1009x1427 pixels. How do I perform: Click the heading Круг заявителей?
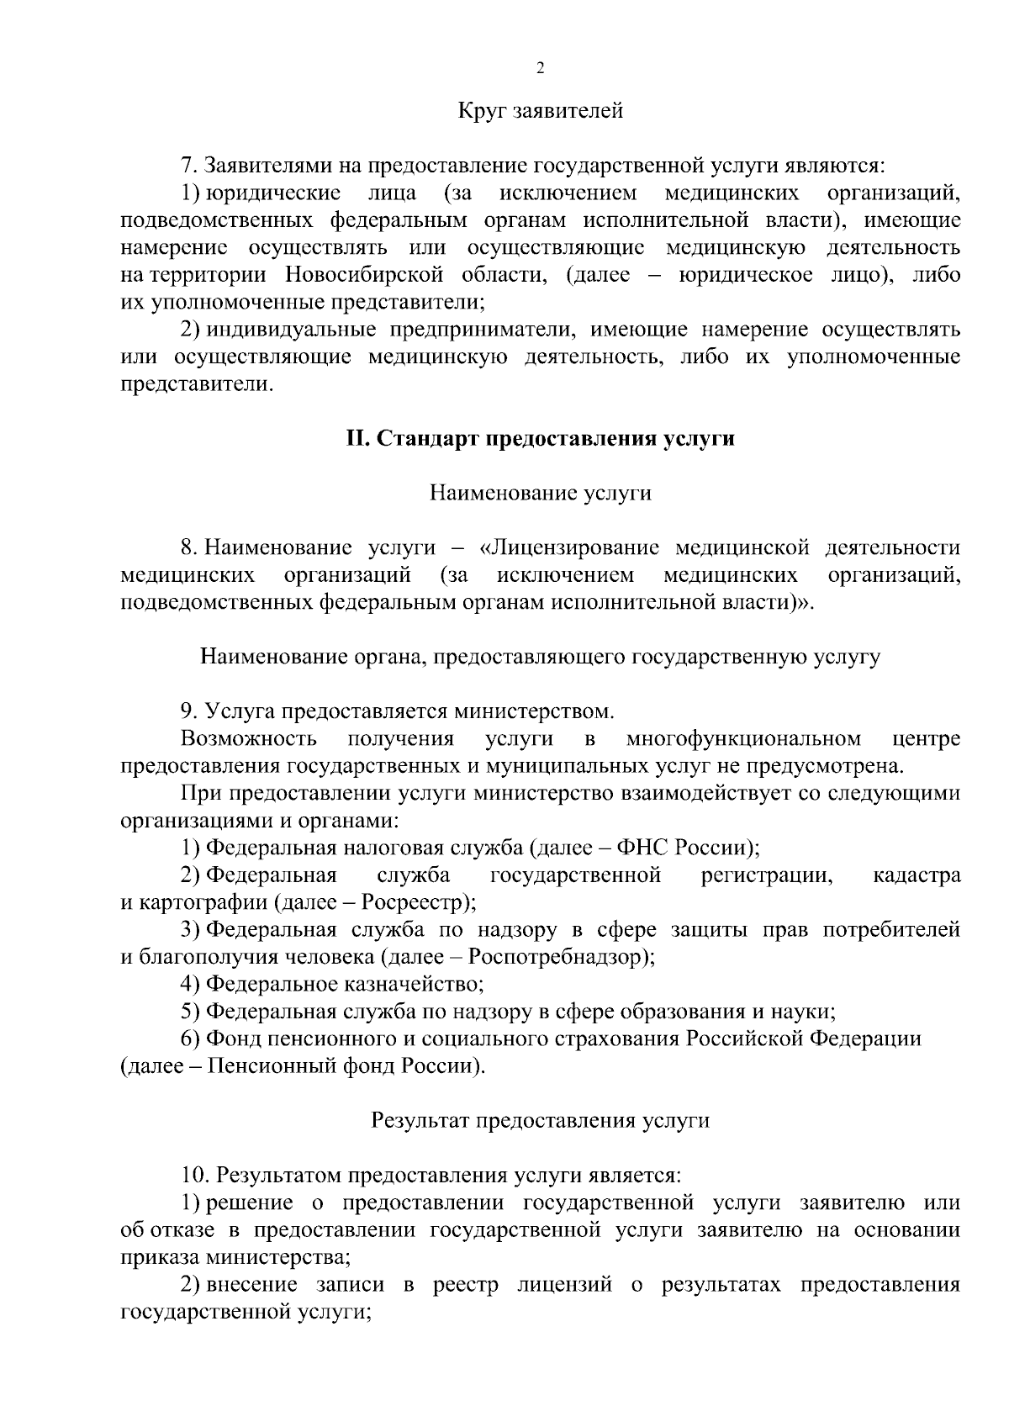(x=540, y=110)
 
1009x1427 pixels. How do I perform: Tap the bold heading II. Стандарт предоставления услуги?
(x=540, y=438)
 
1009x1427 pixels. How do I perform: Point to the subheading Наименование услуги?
(x=540, y=493)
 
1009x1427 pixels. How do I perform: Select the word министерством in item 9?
(x=535, y=711)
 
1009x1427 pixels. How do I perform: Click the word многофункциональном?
(x=743, y=738)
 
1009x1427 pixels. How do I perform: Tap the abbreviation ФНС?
(x=642, y=848)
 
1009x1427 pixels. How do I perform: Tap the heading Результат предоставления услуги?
(x=540, y=1121)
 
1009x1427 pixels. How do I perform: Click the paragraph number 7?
(x=188, y=165)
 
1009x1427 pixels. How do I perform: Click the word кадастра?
(x=917, y=875)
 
